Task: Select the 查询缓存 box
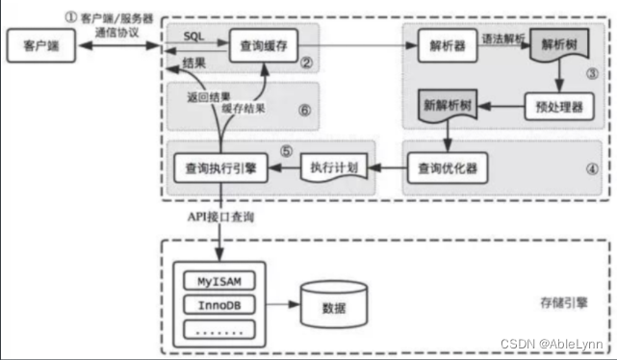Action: click(261, 44)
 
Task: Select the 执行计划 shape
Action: click(333, 167)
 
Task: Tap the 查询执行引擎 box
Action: click(219, 167)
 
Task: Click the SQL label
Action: click(194, 34)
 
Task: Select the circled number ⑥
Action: click(304, 110)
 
